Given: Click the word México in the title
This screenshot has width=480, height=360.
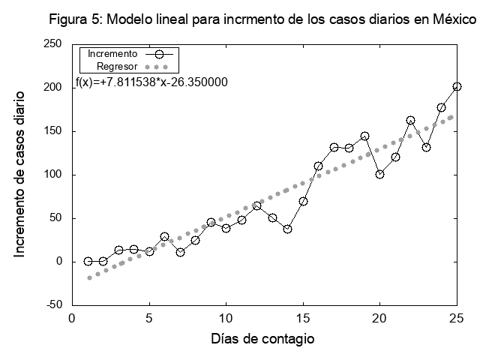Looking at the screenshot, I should [x=453, y=20].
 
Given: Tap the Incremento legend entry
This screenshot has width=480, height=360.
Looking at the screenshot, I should [x=112, y=54].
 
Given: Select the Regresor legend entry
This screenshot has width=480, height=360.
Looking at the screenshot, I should [x=117, y=67].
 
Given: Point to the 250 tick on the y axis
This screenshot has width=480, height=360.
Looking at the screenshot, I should [x=52, y=44].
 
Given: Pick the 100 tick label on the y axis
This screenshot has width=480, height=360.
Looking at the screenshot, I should [x=52, y=175].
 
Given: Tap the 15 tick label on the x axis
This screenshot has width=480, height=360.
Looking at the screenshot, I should [x=303, y=317].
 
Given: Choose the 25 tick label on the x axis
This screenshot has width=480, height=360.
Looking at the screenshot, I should [x=457, y=317].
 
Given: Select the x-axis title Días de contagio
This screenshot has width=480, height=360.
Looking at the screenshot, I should [x=262, y=339].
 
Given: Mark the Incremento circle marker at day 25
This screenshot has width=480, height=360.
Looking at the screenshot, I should [x=457, y=87].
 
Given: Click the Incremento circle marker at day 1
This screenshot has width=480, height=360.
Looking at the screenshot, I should [x=88, y=262].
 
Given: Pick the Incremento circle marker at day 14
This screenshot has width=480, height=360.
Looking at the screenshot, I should [x=288, y=229].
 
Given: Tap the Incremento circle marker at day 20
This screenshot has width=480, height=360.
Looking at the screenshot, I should [x=380, y=174].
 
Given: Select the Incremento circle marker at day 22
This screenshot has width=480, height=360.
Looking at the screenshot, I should [x=411, y=120].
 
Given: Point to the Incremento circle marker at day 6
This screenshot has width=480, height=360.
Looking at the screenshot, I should [x=165, y=237].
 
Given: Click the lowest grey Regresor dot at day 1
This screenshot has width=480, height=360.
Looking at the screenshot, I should [x=89, y=277].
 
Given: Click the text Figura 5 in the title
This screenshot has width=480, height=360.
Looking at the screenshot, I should [x=76, y=20].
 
